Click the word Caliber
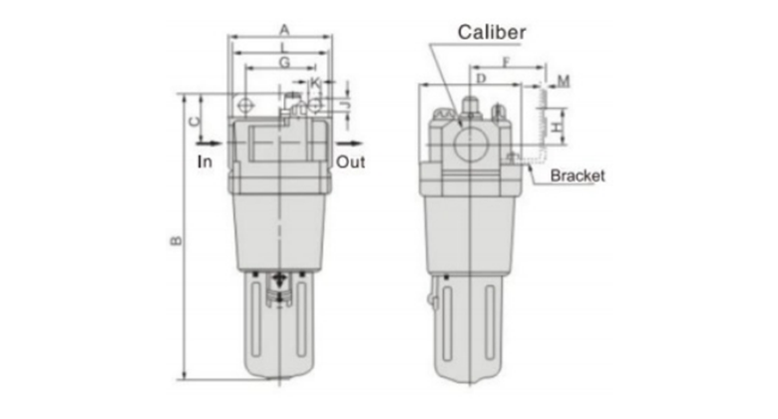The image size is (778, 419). coord(492,33)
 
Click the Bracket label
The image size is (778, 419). coord(578,176)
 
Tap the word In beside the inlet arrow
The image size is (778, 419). coord(204,162)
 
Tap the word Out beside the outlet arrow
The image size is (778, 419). coord(351,162)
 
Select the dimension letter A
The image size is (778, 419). coord(284,30)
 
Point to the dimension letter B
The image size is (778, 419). coord(177,240)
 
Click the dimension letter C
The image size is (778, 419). coord(194,121)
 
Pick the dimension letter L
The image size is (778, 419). coord(284,48)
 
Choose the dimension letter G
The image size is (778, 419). coord(284,63)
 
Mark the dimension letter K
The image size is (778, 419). coord(315,82)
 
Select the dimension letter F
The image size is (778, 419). coord(506,63)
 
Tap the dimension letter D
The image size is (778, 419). coord(481,79)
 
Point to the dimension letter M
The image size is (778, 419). coord(564,81)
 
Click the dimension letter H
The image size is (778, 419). coord(559,127)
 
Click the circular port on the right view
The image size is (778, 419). coord(472,145)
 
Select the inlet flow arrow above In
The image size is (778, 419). coord(209,144)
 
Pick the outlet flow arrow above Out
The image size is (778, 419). coord(350,144)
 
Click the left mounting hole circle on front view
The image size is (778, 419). coord(245,105)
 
